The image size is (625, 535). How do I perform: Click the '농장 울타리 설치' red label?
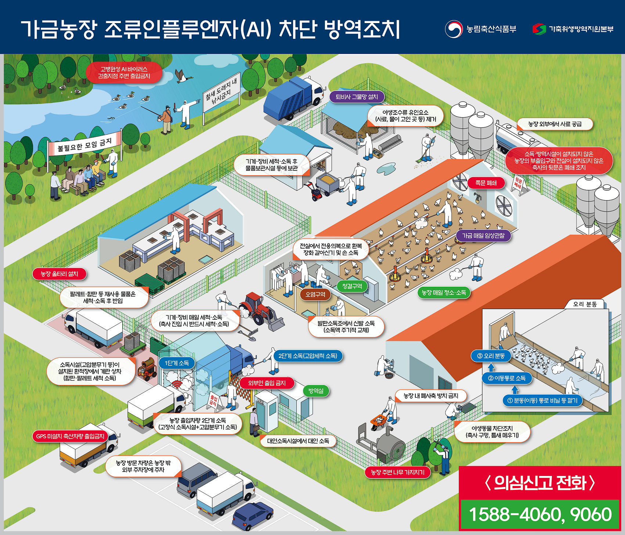[x=59, y=274]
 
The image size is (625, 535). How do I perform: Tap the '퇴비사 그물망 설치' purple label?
[x=357, y=97]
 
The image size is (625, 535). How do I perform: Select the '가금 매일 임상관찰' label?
[x=483, y=236]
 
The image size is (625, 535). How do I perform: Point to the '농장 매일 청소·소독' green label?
[x=444, y=293]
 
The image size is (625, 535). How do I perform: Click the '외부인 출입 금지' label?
[x=267, y=383]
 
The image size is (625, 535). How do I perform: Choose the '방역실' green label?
[x=316, y=391]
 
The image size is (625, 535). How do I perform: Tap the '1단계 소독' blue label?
[x=177, y=363]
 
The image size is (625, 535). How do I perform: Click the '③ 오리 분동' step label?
[x=491, y=356]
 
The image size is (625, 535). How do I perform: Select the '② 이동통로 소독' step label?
[x=507, y=378]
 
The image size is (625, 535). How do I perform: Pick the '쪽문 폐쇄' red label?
[x=486, y=183]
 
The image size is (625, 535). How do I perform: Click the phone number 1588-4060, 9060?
[x=540, y=514]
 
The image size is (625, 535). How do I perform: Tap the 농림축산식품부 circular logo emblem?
[x=454, y=29]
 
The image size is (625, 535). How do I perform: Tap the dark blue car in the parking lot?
[x=253, y=515]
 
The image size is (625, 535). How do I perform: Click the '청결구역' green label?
[x=352, y=286]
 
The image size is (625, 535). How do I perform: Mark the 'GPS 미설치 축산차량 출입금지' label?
[x=70, y=436]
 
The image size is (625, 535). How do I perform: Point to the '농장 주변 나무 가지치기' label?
[x=398, y=472]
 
